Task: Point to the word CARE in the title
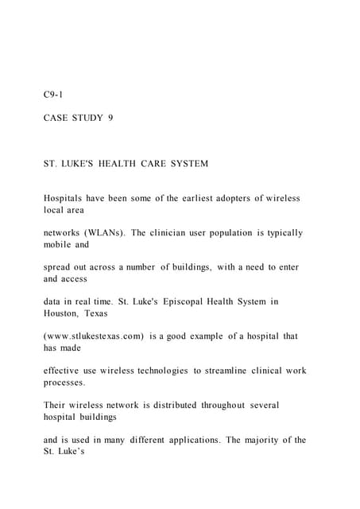[150, 164]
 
